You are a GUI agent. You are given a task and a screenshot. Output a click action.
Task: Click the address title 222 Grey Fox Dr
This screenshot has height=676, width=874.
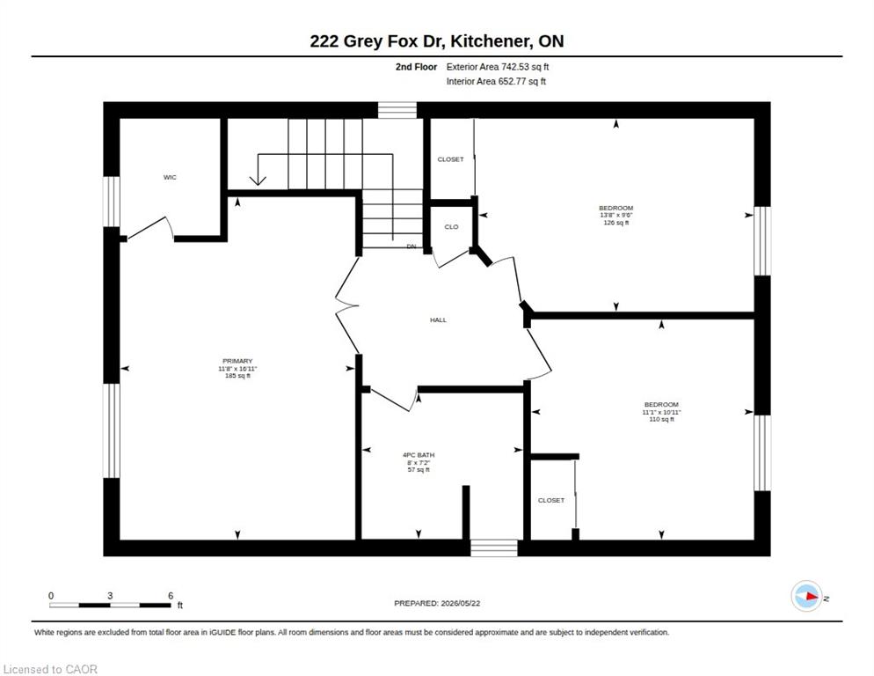(377, 40)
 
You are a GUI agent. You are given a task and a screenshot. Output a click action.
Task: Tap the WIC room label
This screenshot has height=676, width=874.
(170, 177)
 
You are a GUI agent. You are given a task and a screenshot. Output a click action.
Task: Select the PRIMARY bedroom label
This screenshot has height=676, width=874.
(237, 361)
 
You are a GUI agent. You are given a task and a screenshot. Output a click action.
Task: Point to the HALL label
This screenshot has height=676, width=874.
(438, 320)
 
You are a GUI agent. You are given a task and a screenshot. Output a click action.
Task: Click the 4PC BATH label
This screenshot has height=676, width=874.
(419, 455)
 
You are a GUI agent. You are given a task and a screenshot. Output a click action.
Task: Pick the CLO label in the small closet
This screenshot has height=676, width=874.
(451, 226)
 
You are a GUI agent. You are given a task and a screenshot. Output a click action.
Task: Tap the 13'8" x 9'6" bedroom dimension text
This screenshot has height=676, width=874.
(615, 215)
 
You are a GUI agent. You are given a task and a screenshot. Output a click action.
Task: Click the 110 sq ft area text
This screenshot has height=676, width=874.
(661, 419)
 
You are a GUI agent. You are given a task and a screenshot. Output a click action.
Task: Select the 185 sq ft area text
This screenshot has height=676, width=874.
(237, 376)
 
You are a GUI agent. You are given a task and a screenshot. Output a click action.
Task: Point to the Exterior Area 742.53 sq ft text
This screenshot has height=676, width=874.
(498, 67)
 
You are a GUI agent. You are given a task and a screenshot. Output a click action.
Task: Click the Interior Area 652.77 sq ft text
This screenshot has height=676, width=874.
(496, 82)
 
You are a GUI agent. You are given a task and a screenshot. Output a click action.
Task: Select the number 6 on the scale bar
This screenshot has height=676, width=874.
(171, 596)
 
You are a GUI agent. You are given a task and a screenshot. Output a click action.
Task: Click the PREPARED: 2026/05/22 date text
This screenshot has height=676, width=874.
(437, 604)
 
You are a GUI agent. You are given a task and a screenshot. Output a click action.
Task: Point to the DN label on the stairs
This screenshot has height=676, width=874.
(412, 246)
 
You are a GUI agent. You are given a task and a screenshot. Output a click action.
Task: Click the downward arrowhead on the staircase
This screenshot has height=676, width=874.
(257, 180)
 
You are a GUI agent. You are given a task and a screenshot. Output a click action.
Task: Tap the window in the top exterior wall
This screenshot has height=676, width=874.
(397, 110)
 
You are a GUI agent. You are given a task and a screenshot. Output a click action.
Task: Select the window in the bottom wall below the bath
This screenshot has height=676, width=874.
(494, 547)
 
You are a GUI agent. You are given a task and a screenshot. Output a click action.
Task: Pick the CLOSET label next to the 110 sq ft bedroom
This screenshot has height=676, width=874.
(551, 500)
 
